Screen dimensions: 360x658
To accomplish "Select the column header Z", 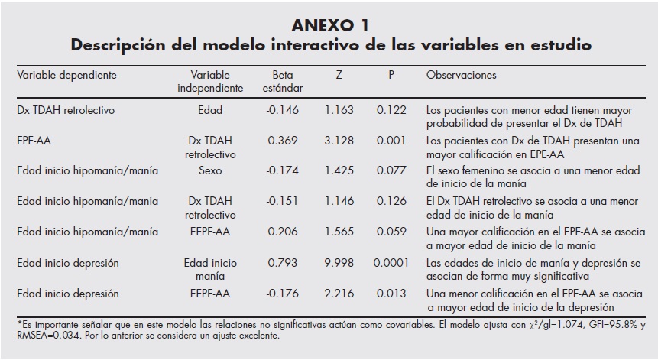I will (339, 76).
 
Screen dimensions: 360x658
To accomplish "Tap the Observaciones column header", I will (461, 76).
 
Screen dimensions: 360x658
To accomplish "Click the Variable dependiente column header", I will (66, 76).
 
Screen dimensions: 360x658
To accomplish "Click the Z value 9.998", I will (339, 263).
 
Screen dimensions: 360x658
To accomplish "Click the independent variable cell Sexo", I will (210, 171).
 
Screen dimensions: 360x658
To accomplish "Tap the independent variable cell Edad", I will (210, 110).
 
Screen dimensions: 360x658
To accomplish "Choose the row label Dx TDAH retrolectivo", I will (66, 110).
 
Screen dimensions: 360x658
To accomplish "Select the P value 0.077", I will (391, 171).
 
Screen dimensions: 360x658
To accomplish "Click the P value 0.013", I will (391, 294).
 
